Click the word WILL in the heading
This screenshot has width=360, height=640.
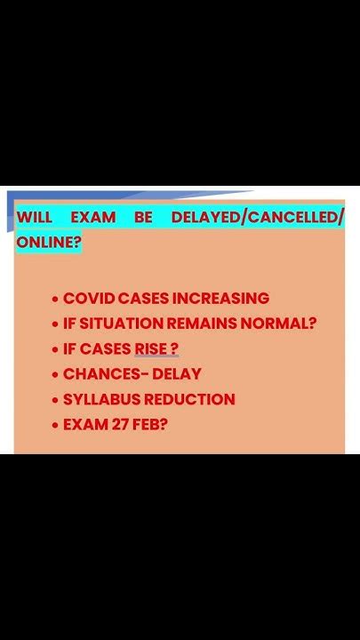(x=35, y=217)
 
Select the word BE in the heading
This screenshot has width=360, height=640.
(x=143, y=217)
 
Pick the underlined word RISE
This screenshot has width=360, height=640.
(x=151, y=349)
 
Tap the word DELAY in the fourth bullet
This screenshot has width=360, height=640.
(x=177, y=374)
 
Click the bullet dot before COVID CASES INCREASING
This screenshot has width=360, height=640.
(x=55, y=300)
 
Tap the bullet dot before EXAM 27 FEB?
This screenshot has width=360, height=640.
(x=55, y=426)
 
